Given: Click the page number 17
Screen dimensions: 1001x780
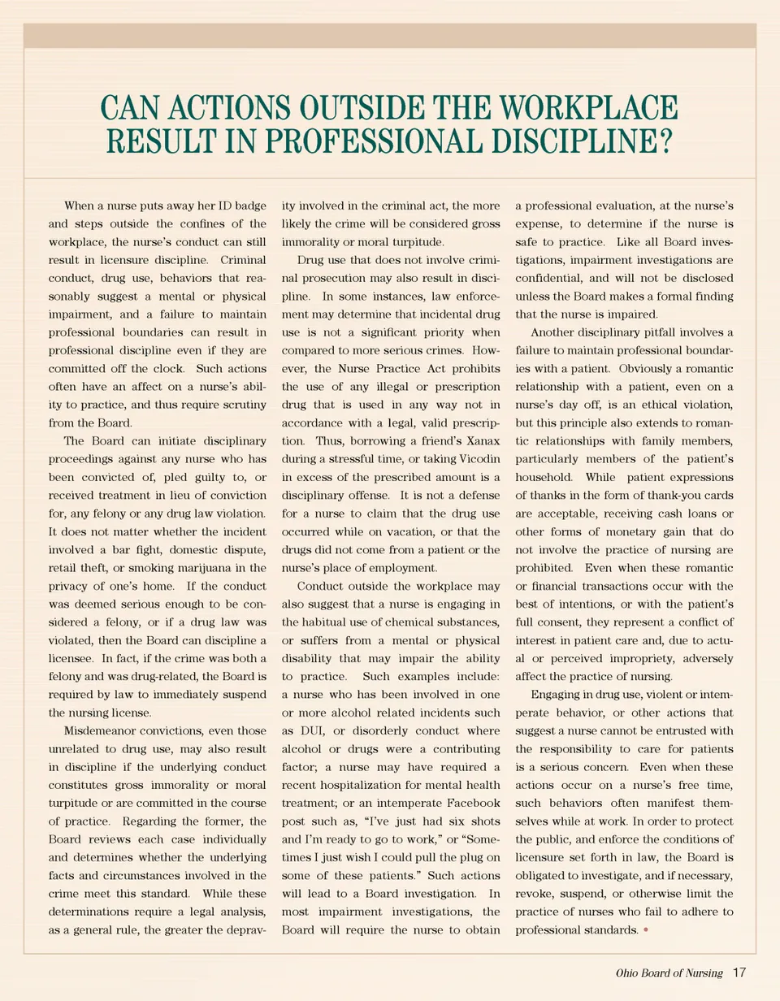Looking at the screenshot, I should coord(739,973).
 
